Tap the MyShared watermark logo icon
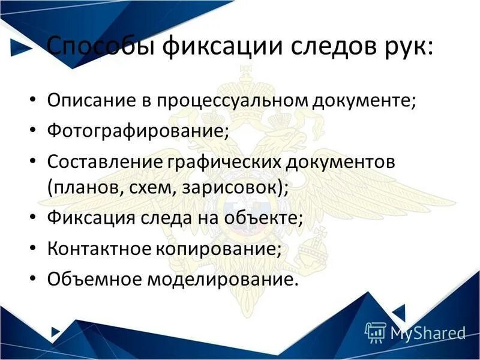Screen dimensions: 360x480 (375, 332)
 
